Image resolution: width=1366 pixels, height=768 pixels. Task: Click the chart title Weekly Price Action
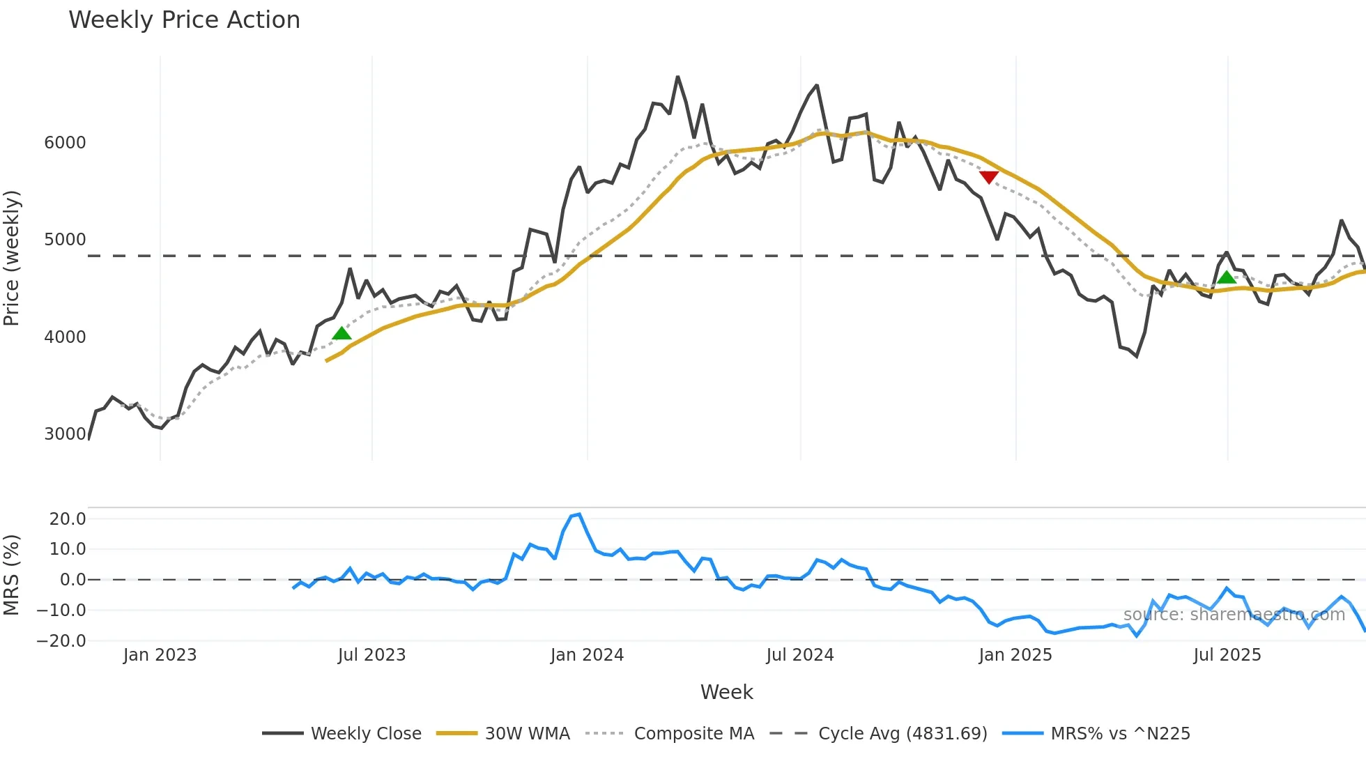coord(184,20)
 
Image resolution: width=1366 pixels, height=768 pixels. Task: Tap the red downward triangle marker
coord(988,177)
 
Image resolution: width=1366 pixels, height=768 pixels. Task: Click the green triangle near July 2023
coord(341,333)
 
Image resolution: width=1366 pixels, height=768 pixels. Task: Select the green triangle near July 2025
coord(1226,277)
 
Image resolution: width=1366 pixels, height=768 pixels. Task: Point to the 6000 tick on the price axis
coord(65,143)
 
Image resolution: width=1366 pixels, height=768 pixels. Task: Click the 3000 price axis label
coord(65,434)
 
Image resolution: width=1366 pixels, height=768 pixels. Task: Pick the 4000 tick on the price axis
coord(65,337)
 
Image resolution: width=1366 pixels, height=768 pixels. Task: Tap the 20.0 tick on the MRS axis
coord(68,519)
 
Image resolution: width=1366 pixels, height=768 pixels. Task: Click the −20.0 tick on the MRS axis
coord(61,641)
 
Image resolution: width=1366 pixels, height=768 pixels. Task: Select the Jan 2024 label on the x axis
coord(587,655)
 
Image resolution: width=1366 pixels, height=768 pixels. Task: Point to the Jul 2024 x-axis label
coord(800,655)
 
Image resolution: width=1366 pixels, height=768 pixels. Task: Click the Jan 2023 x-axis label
coord(160,655)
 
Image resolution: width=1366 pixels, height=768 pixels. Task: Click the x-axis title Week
coord(726,692)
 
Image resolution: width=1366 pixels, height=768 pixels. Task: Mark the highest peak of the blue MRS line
coord(579,514)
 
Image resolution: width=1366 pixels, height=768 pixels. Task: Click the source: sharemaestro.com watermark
coord(1234,615)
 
